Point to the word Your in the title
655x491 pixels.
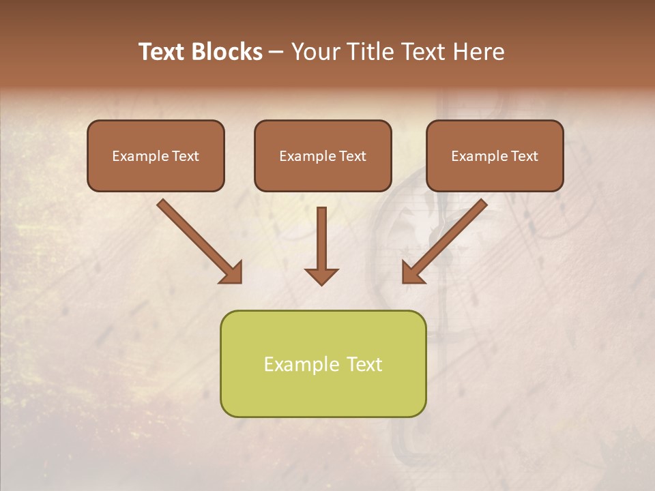(x=314, y=52)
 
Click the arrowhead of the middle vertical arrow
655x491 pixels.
(x=321, y=276)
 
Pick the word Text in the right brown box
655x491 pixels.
(x=525, y=156)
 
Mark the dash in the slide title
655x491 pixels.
(x=276, y=53)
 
